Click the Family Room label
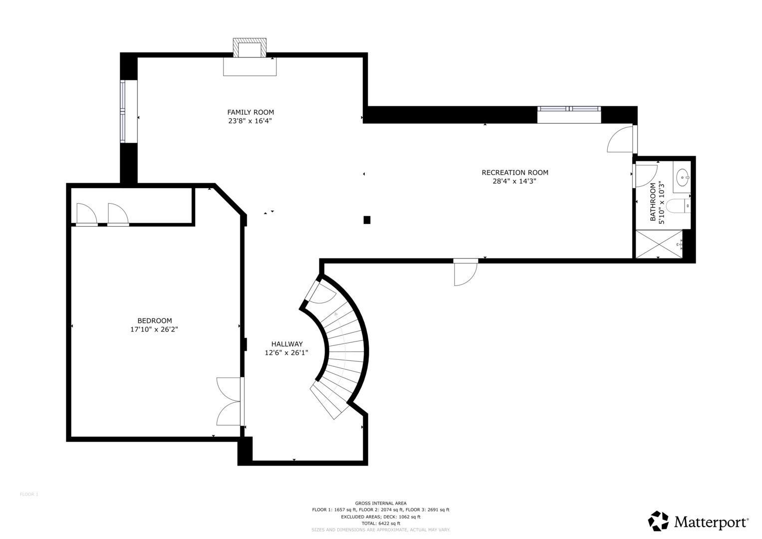click(251, 112)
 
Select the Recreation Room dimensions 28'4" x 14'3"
click(514, 182)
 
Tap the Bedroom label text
click(155, 320)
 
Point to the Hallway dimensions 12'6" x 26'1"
click(286, 353)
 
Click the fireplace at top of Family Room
click(250, 49)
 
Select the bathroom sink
click(682, 176)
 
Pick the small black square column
click(367, 220)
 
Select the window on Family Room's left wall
click(122, 111)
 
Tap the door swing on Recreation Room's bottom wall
click(465, 272)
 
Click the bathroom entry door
click(645, 176)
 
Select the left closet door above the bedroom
click(86, 215)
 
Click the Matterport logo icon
click(658, 521)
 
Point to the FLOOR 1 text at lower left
click(29, 495)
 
